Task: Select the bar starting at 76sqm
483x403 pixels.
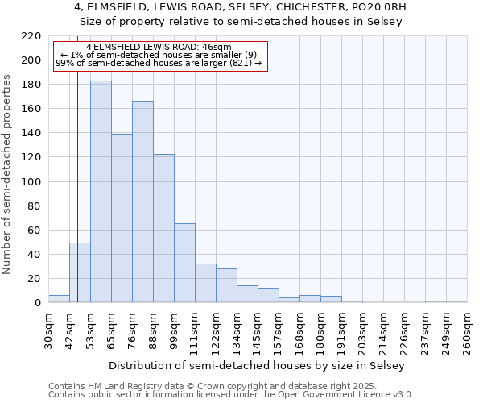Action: point(142,201)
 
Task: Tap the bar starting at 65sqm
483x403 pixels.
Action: point(122,218)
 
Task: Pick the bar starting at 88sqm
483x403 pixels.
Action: point(163,228)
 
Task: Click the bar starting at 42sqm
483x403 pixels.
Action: point(80,272)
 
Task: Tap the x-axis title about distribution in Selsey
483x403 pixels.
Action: point(258,365)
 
